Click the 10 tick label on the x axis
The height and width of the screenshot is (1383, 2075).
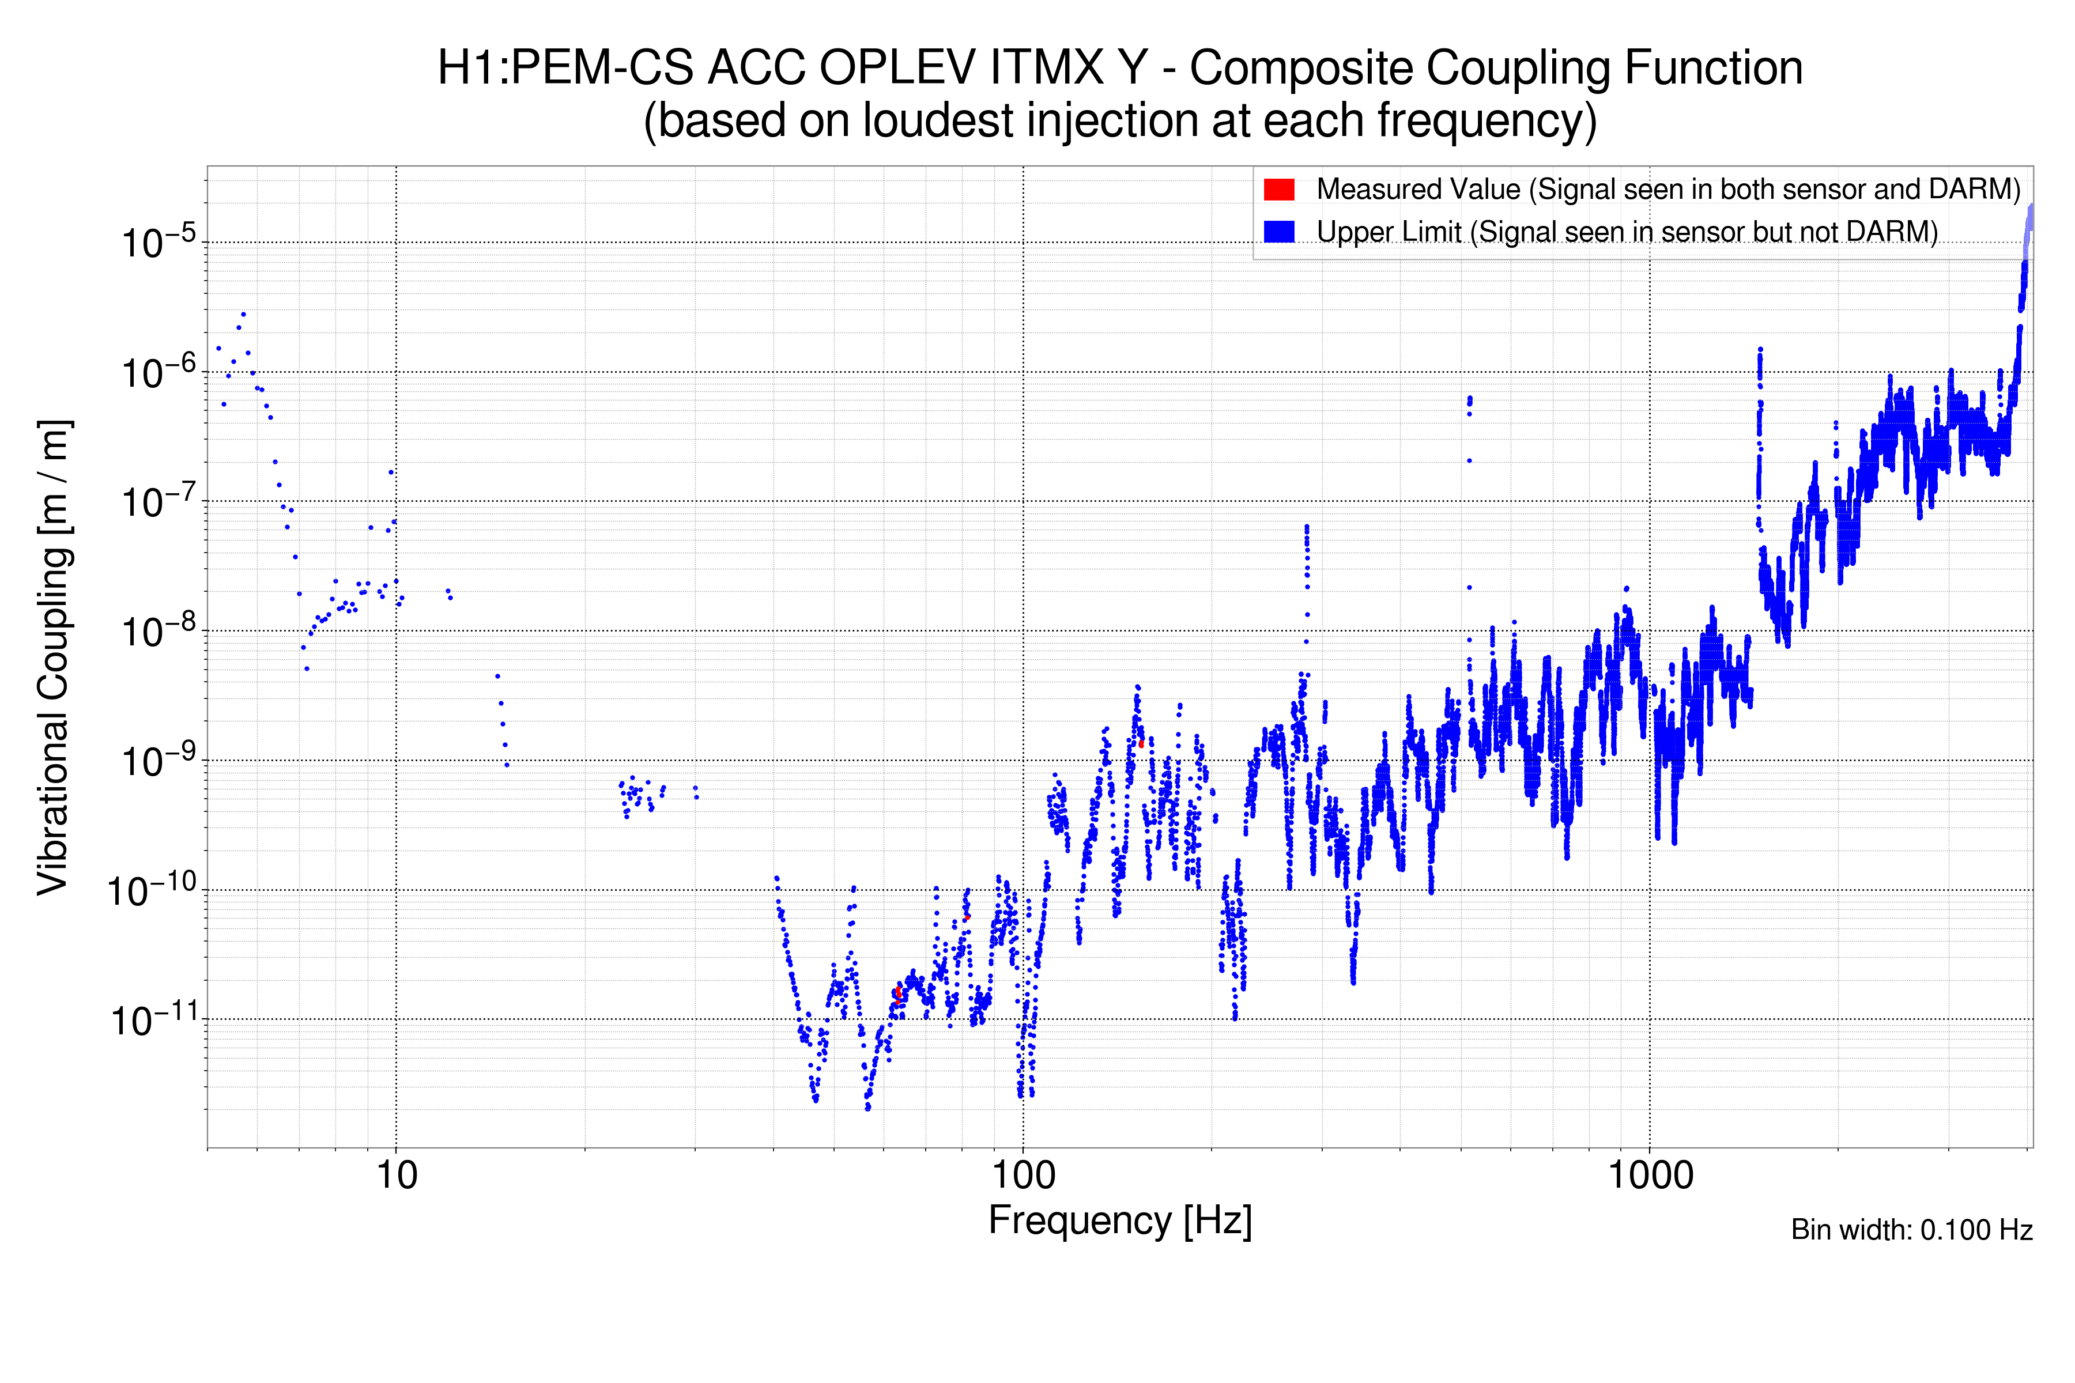396,1176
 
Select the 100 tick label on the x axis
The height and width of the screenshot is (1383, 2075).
1024,1176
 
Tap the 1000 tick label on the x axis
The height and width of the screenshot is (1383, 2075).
1650,1176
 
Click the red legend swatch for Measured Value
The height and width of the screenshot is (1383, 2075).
1278,190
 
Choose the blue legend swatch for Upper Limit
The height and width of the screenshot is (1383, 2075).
1278,231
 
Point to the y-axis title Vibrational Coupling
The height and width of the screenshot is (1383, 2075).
53,657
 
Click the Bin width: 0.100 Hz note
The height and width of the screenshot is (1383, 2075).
1911,1230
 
